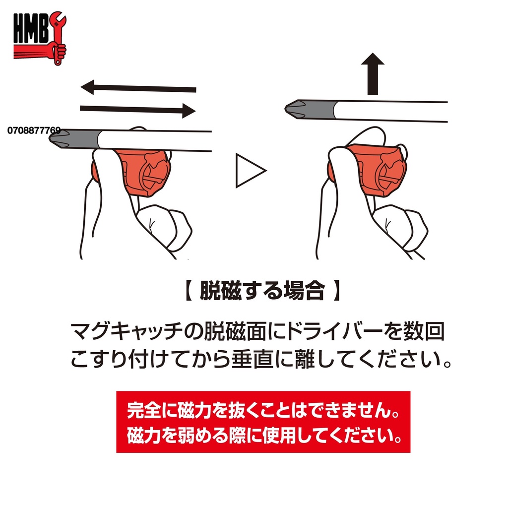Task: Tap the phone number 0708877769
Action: [x=34, y=130]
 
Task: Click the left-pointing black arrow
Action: [x=138, y=89]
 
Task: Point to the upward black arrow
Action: [x=373, y=74]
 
